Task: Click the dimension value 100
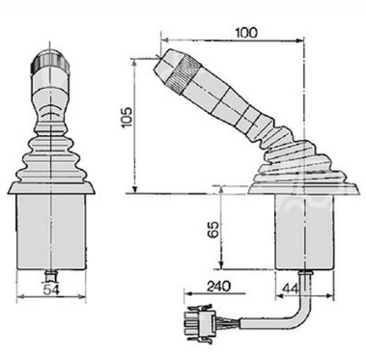(x=246, y=33)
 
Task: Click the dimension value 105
(x=127, y=117)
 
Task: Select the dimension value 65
(x=213, y=229)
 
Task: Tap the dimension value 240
(x=219, y=286)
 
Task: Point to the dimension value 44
(x=290, y=289)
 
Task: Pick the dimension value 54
(x=51, y=290)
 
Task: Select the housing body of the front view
(x=51, y=233)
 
